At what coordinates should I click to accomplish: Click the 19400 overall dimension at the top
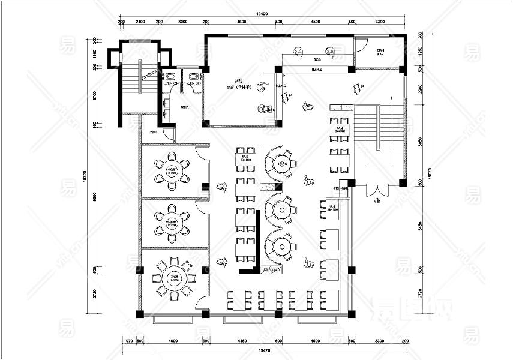262,13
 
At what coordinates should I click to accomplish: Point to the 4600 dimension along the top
242,22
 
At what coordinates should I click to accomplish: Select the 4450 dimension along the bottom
242,341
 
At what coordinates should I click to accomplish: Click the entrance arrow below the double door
377,202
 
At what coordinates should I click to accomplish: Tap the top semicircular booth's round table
281,163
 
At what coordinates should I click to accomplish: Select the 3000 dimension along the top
182,22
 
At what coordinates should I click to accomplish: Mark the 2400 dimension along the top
140,22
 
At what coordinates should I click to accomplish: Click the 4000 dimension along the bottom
173,341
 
